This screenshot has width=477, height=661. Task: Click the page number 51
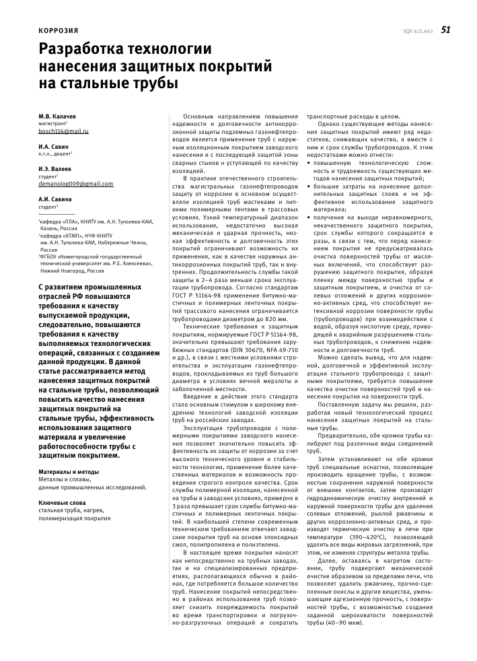pos(445,30)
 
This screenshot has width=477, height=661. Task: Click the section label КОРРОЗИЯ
pos(58,31)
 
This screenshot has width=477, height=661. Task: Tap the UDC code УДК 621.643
pos(418,31)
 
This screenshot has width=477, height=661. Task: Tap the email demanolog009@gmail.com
pos(76,183)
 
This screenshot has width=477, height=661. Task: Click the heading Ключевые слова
pos(62,502)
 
